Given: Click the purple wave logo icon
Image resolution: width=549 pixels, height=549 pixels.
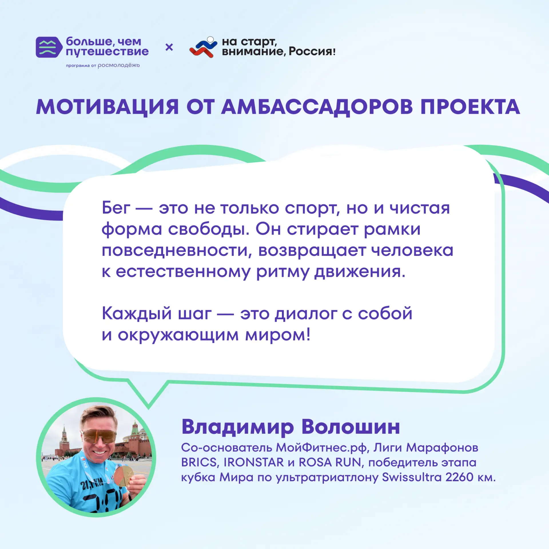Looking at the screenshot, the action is [x=49, y=47].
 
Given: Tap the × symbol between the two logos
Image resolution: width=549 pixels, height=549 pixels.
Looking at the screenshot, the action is [x=169, y=47].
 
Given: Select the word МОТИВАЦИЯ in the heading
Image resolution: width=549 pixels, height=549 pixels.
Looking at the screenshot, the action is [x=108, y=107].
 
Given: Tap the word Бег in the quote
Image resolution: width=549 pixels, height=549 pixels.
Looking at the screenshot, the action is [x=116, y=208].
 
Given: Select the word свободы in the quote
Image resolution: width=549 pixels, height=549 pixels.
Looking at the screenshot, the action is [x=209, y=229].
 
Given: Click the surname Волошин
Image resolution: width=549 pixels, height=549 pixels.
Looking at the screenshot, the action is [x=351, y=427].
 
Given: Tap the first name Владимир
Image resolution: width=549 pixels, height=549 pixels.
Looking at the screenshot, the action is [x=238, y=427].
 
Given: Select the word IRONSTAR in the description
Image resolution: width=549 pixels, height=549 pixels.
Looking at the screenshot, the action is [x=253, y=462].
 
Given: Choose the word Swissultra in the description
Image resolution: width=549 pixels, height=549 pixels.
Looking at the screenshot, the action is [x=412, y=477].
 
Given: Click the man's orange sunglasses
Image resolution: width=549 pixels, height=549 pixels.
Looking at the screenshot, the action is [x=99, y=436].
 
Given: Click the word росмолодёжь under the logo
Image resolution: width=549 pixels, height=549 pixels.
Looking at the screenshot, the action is [x=119, y=65].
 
